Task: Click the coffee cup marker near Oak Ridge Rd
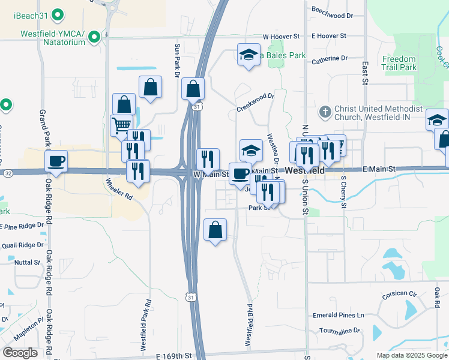[x=56, y=161]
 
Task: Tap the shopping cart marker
[x=122, y=125]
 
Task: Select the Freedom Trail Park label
[x=399, y=63]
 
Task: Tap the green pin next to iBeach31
[x=58, y=14]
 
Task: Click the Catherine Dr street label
[x=330, y=59]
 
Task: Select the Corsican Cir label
[x=400, y=295]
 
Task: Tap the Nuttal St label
[x=27, y=262]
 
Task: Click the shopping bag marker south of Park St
[x=215, y=229]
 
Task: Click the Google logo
[x=20, y=353]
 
